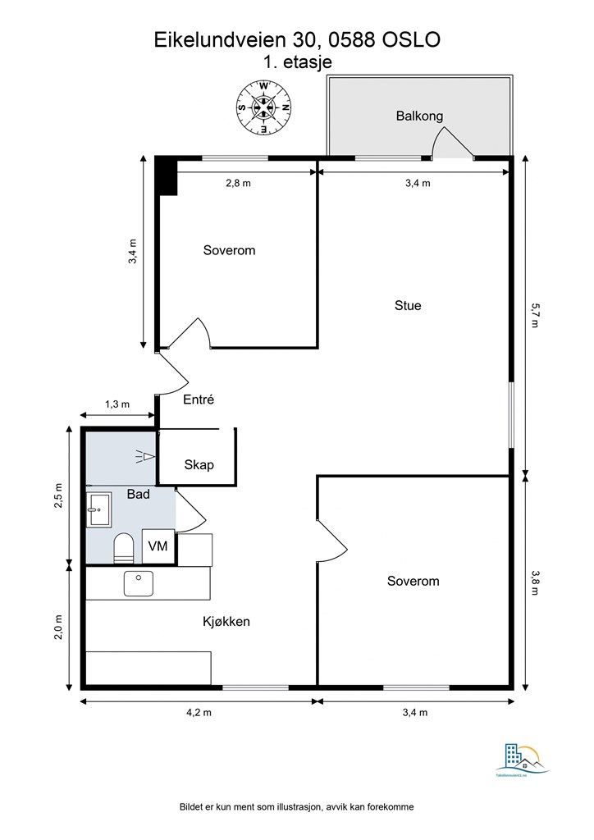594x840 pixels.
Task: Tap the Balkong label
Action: coord(419,116)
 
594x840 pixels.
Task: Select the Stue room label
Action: coord(408,305)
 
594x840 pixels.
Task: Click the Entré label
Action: coord(197,399)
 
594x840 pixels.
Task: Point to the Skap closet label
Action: coord(199,465)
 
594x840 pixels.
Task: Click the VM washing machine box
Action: coord(158,546)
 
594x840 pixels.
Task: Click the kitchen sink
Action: coord(139,583)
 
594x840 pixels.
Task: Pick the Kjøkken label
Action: coord(226,622)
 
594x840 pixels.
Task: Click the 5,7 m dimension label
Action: coord(535,315)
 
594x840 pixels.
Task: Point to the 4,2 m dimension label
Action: coord(199,713)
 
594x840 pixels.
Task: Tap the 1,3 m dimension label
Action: coord(117,404)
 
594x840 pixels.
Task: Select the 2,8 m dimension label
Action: coord(238,183)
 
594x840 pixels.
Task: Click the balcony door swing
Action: coord(454,144)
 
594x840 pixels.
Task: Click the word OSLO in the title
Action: coord(412,39)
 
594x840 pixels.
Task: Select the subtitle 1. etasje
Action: coord(297,62)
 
